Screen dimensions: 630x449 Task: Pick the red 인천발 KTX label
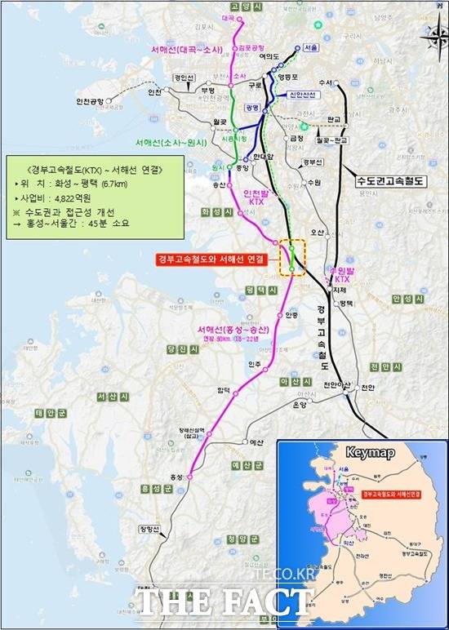256,197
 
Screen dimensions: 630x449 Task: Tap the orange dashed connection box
292,258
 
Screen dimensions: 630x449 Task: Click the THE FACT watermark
224,602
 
